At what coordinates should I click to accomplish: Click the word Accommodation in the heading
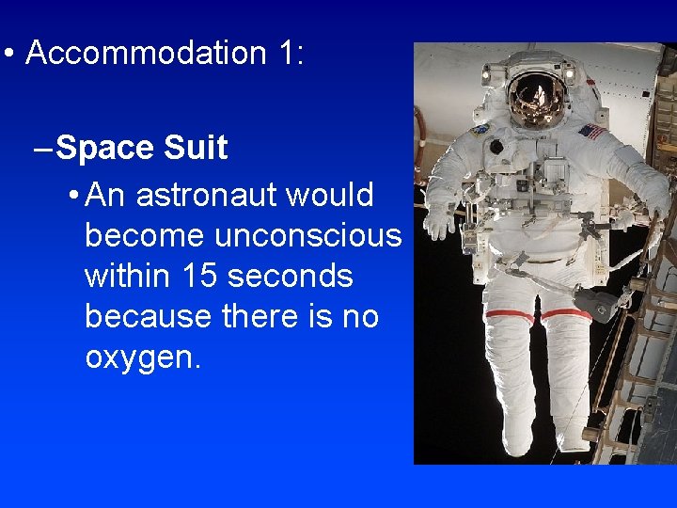point(147,53)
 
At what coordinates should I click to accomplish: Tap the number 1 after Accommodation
point(286,53)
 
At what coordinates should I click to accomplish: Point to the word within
point(122,276)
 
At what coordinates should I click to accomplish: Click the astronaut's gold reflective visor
point(537,99)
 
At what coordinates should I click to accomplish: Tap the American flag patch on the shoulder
point(593,132)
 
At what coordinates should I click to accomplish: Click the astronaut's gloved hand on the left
point(437,220)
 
